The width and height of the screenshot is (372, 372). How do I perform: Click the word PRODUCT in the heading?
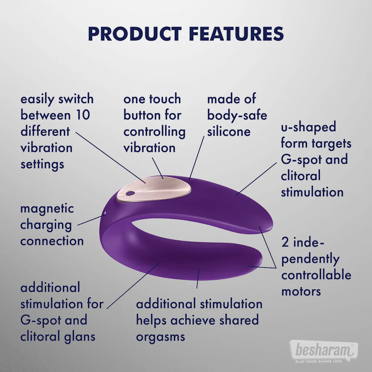(x=135, y=34)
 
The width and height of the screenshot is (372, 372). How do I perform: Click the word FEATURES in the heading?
(x=236, y=34)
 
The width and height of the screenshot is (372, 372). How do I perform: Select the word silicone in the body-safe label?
(x=229, y=132)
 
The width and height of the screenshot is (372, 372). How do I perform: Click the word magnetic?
(x=47, y=209)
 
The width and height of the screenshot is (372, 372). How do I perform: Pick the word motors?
(x=301, y=291)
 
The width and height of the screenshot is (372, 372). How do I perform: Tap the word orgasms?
(x=161, y=336)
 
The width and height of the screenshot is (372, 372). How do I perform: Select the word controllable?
(x=316, y=275)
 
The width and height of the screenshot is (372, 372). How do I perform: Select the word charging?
(x=46, y=225)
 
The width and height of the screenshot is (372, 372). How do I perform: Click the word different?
(x=45, y=131)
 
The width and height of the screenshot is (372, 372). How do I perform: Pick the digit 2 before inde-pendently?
(x=285, y=242)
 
